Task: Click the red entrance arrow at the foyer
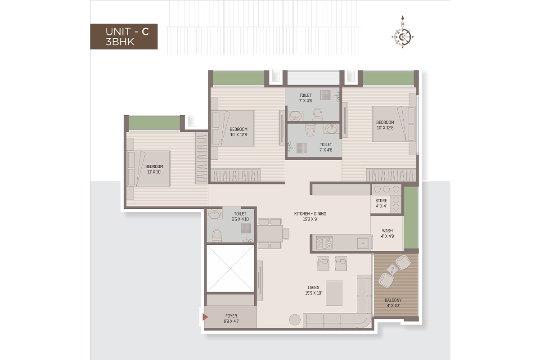[205, 317]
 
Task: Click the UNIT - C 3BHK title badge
[124, 36]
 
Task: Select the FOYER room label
[231, 318]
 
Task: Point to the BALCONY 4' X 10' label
[393, 303]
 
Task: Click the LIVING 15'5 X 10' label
[313, 290]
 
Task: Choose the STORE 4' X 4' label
[381, 203]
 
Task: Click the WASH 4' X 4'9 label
[387, 234]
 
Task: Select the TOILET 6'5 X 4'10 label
[240, 216]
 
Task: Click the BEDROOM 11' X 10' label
[154, 169]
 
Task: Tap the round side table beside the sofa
[295, 320]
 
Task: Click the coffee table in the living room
[334, 293]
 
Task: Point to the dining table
[270, 234]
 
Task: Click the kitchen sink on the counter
[363, 243]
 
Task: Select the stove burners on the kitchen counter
[324, 243]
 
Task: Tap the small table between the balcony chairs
[391, 270]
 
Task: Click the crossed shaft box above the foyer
[230, 269]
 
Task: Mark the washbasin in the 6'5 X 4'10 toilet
[214, 214]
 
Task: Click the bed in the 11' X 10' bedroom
[148, 169]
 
